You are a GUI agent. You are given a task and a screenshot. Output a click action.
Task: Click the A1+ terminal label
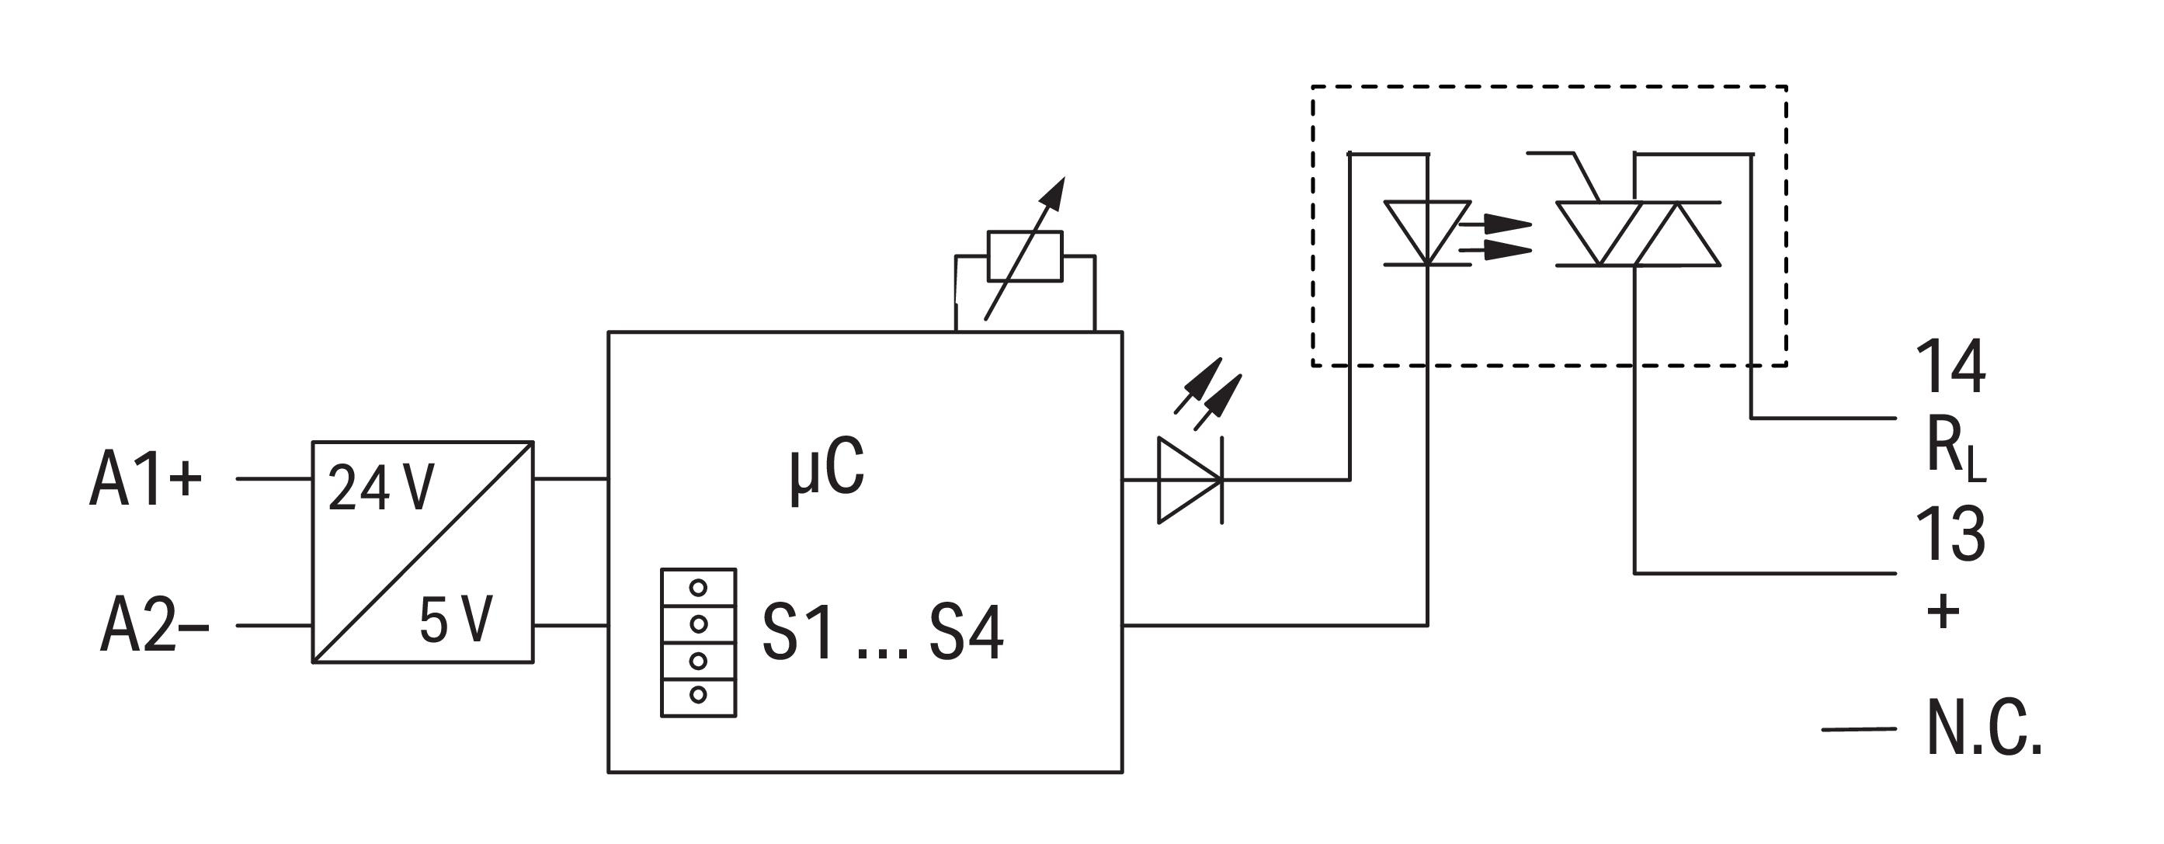[x=145, y=479]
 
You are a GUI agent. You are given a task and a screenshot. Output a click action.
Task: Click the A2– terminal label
[x=154, y=625]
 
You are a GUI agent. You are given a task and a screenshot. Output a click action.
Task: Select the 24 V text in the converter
[x=380, y=488]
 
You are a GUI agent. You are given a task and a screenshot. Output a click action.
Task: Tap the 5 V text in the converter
[x=455, y=620]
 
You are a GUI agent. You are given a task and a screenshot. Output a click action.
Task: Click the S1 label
[x=798, y=634]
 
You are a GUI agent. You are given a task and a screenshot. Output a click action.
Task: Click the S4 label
[x=966, y=634]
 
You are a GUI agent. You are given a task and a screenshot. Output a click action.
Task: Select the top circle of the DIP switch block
[x=698, y=588]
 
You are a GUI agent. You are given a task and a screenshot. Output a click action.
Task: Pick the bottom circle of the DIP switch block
[x=698, y=694]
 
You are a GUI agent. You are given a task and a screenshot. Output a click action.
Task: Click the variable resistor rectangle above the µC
[x=1026, y=255]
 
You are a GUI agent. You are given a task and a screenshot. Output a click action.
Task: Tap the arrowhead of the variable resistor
[x=1054, y=193]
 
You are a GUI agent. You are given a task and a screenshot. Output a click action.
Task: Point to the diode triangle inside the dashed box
[x=1427, y=233]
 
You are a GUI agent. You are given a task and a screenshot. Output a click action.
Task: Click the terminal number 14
[x=1950, y=366]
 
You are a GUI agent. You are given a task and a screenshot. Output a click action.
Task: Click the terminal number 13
[x=1950, y=533]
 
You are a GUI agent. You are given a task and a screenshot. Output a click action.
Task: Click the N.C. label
[x=1983, y=728]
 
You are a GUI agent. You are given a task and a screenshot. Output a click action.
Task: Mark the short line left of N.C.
[x=1858, y=729]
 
